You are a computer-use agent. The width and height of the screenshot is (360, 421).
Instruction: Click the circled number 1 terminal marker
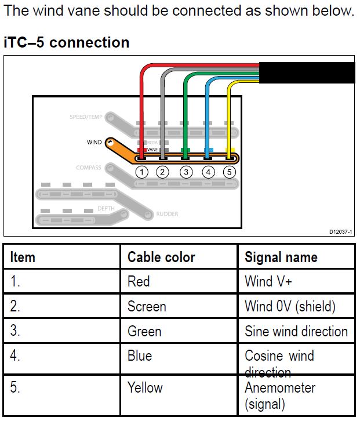pos(141,172)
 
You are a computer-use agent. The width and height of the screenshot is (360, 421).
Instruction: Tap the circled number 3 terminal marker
pos(186,172)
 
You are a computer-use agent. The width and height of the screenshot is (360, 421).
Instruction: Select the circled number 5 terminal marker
pos(230,172)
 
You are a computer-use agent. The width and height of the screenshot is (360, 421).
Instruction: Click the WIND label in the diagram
pos(94,142)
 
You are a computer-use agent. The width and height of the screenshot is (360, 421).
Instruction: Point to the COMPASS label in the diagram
pos(88,168)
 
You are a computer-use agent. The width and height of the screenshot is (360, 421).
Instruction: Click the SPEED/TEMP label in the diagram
pos(86,117)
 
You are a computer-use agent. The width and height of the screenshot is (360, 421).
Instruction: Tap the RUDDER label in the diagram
pos(167,214)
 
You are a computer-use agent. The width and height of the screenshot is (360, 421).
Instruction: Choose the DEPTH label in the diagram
pos(106,208)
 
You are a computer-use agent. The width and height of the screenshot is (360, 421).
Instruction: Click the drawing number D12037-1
pos(340,231)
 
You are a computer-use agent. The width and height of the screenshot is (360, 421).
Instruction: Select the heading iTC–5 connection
pos(67,42)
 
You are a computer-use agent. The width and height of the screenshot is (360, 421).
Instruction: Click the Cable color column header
pos(161,257)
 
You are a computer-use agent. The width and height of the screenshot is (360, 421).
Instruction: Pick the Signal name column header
pos(281,257)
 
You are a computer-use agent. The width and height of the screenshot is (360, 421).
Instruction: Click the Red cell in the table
pos(139,282)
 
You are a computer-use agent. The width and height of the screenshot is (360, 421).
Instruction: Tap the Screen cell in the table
pos(147,306)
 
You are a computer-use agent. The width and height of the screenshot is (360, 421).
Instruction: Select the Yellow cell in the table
pos(145,387)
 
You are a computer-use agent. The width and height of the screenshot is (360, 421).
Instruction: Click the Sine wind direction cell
pos(296,331)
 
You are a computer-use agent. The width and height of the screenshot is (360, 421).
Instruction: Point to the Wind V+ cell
pos(268,282)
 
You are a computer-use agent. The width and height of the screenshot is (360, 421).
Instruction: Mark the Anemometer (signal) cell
pos(280,395)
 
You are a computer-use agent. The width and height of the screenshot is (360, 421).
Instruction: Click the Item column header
pos(23,257)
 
